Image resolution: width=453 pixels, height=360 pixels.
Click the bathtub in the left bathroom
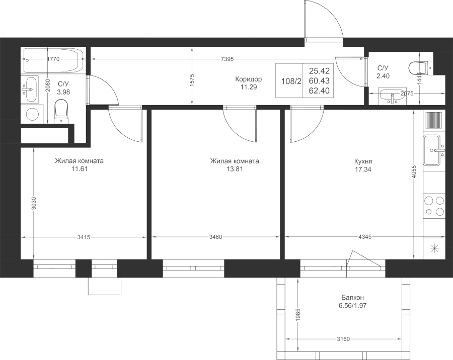[54, 60]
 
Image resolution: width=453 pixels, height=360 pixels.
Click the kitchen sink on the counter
[433, 150]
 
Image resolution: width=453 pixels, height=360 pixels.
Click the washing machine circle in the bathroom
[32, 114]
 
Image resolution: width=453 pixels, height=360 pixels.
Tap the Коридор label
[249, 79]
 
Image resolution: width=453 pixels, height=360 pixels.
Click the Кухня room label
[363, 161]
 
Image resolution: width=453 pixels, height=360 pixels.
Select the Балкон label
[352, 298]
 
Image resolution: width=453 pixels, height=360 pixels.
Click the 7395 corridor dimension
[227, 59]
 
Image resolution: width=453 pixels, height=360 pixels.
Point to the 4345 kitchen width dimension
[365, 237]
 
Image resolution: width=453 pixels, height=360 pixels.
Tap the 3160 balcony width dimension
[343, 339]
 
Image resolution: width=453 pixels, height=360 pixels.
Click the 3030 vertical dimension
[34, 204]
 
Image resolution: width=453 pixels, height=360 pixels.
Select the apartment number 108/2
[291, 81]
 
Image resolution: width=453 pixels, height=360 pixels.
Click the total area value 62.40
[319, 91]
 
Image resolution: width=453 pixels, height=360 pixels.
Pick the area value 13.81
[235, 169]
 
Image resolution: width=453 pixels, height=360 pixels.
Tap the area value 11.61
[80, 169]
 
